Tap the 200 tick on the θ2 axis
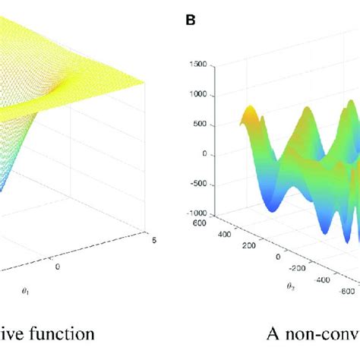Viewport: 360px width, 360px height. coord(242,246)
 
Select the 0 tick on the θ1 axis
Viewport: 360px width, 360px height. coord(57,267)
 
